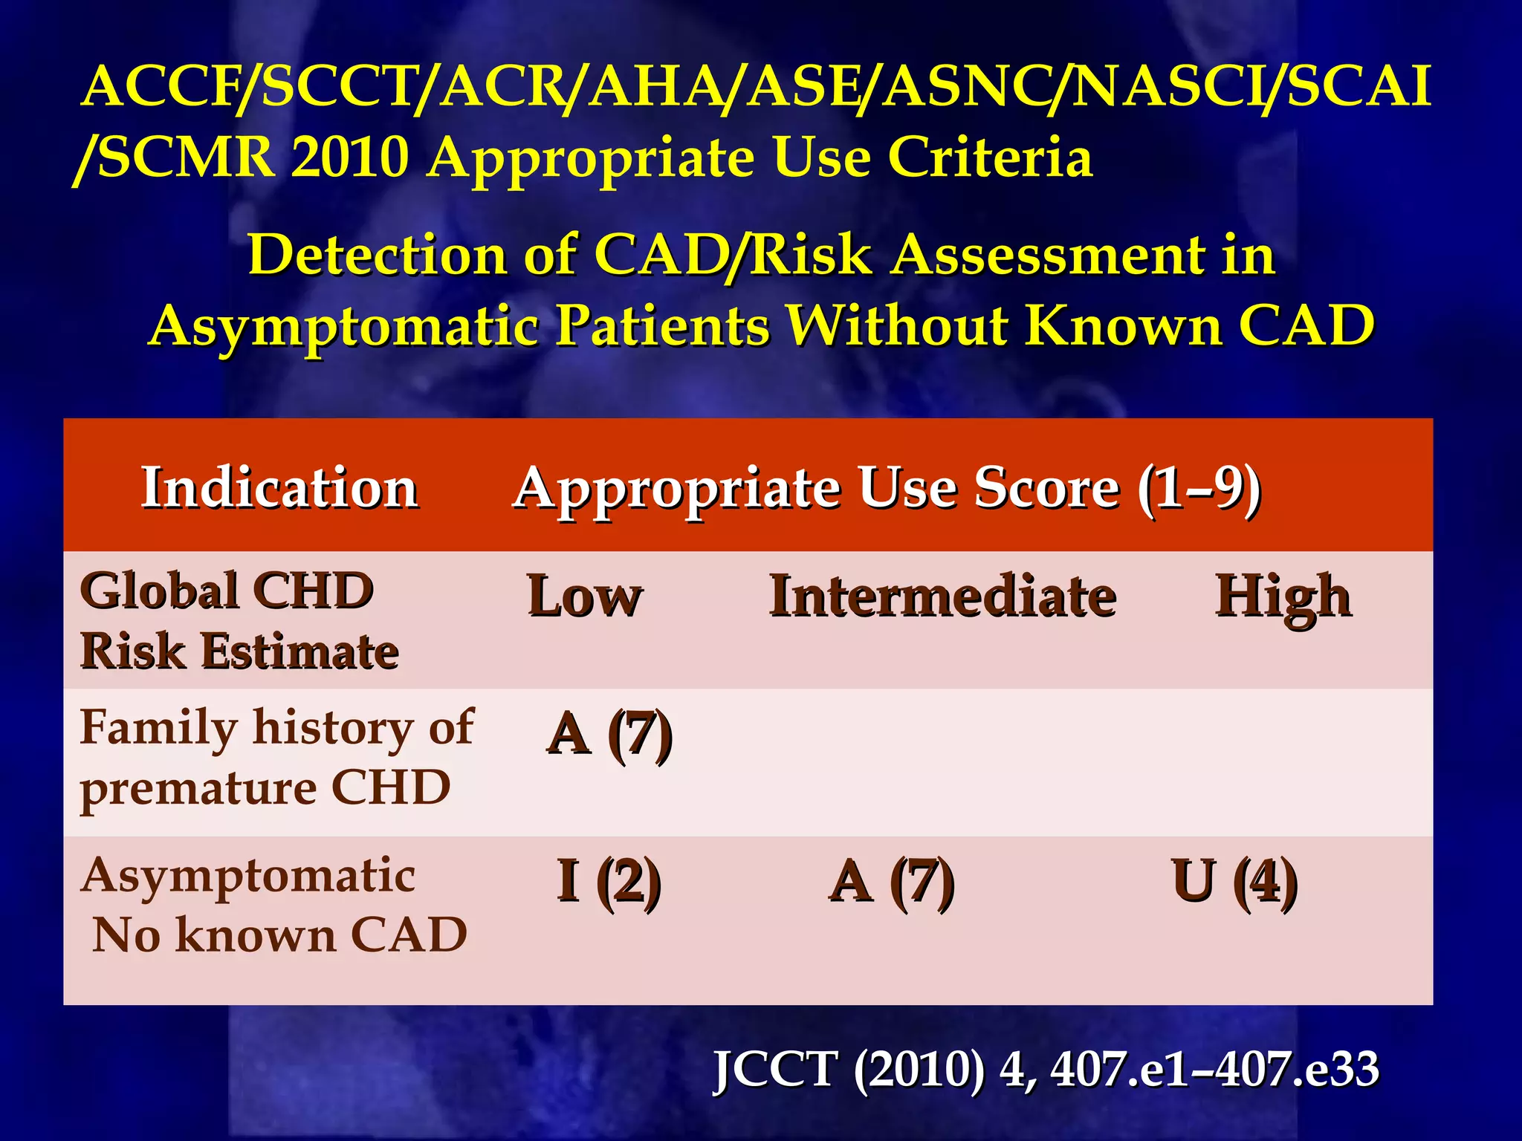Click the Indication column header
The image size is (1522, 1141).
click(x=279, y=488)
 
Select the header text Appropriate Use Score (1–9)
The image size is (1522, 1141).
click(x=886, y=488)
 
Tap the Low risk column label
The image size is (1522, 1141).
click(x=584, y=596)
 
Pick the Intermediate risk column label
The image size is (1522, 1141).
click(x=942, y=596)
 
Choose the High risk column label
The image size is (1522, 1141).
click(x=1283, y=596)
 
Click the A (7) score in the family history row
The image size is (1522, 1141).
click(x=609, y=734)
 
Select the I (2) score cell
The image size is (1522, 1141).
click(x=609, y=881)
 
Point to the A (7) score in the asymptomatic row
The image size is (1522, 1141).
click(x=892, y=881)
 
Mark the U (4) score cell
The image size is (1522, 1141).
click(x=1234, y=881)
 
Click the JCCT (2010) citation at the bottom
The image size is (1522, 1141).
click(x=1045, y=1070)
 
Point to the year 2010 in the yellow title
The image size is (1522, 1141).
click(x=349, y=157)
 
